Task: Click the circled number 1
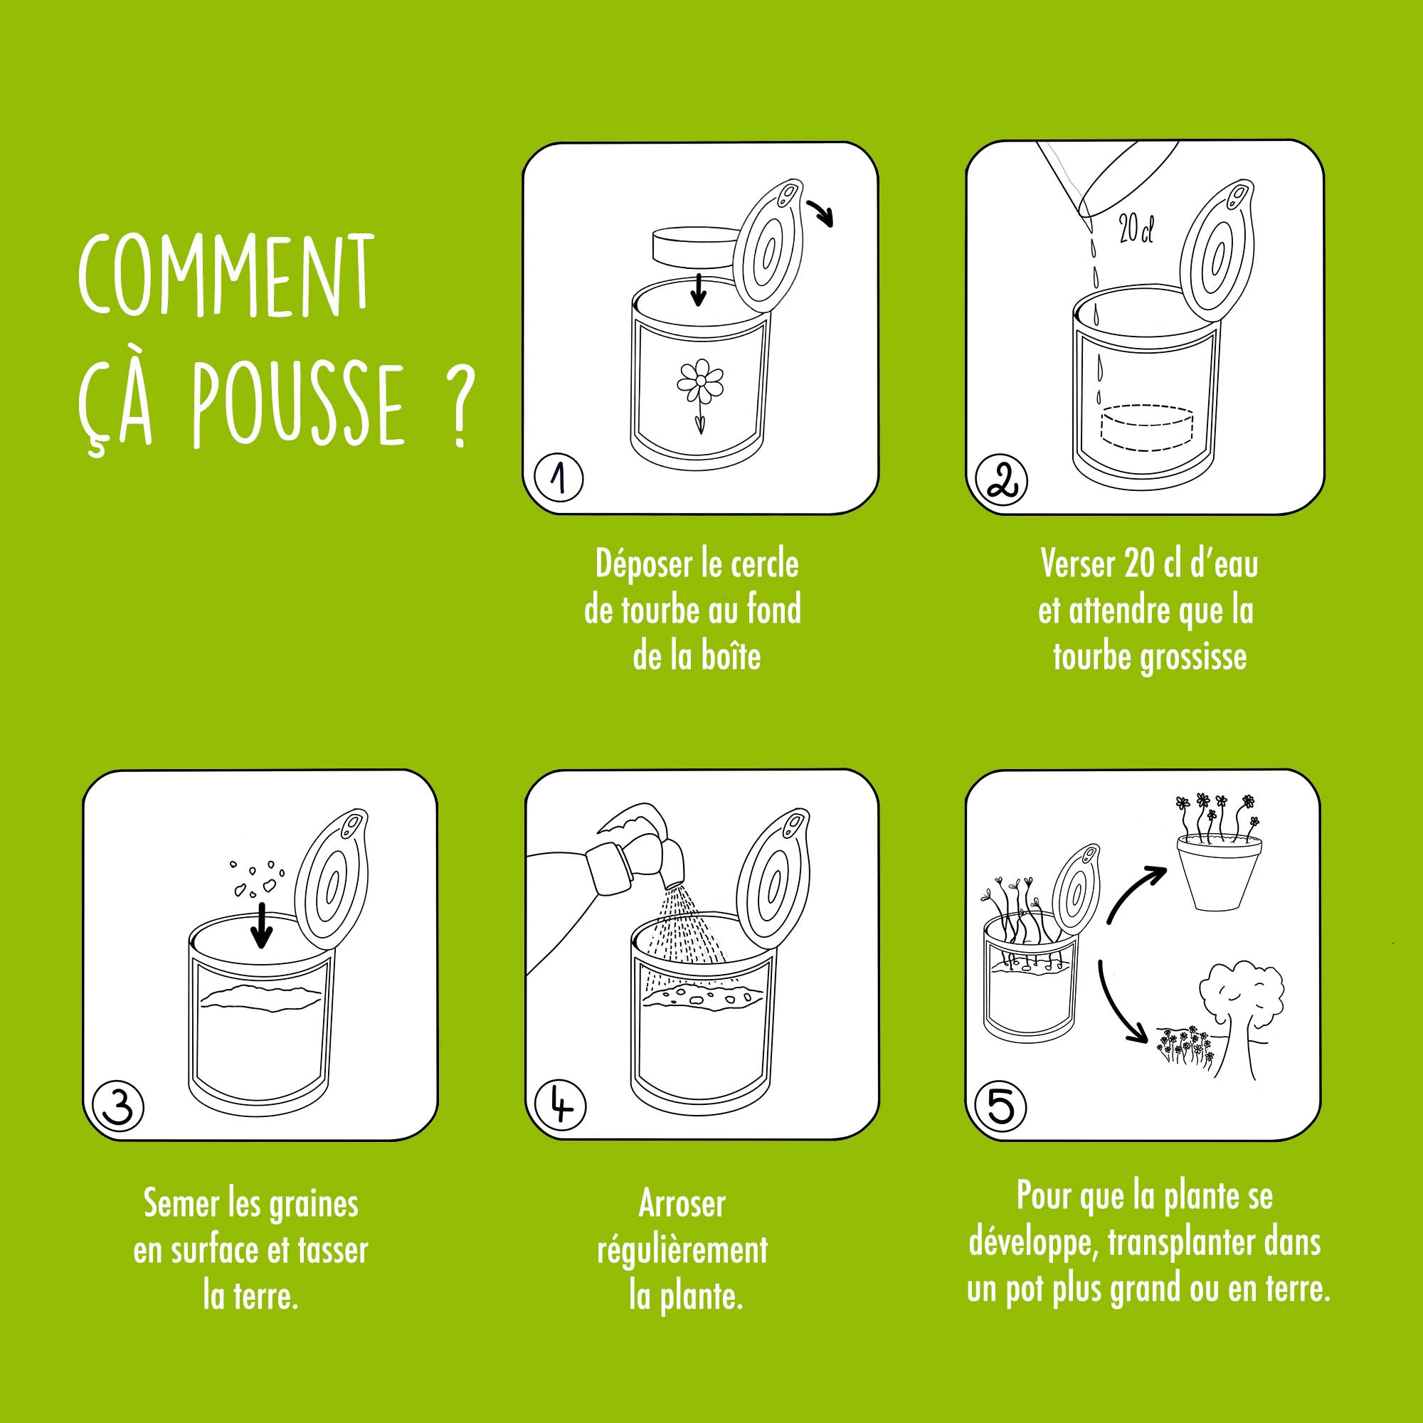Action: (x=559, y=479)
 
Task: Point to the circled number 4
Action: (x=561, y=1106)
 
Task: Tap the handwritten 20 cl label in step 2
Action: (x=1136, y=229)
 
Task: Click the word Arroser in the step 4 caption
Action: (x=682, y=1205)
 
